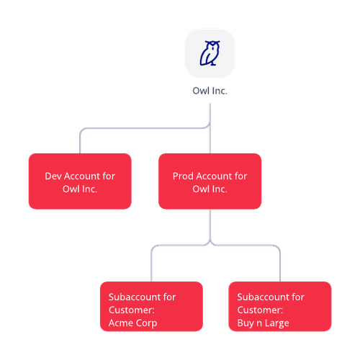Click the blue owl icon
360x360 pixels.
point(210,53)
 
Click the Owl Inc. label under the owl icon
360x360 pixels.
point(210,91)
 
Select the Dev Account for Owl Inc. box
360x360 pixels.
point(80,181)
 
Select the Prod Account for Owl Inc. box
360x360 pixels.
point(210,181)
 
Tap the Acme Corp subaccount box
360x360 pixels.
point(151,307)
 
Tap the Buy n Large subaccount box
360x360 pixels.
point(280,307)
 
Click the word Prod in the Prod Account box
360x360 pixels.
point(183,176)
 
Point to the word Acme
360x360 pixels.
point(120,323)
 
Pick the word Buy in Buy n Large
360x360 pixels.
point(246,323)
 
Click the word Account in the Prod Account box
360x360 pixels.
point(214,176)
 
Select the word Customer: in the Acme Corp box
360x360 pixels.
point(132,310)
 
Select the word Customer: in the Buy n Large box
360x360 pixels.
point(260,310)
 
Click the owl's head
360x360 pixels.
point(212,45)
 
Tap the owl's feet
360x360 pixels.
point(213,63)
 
